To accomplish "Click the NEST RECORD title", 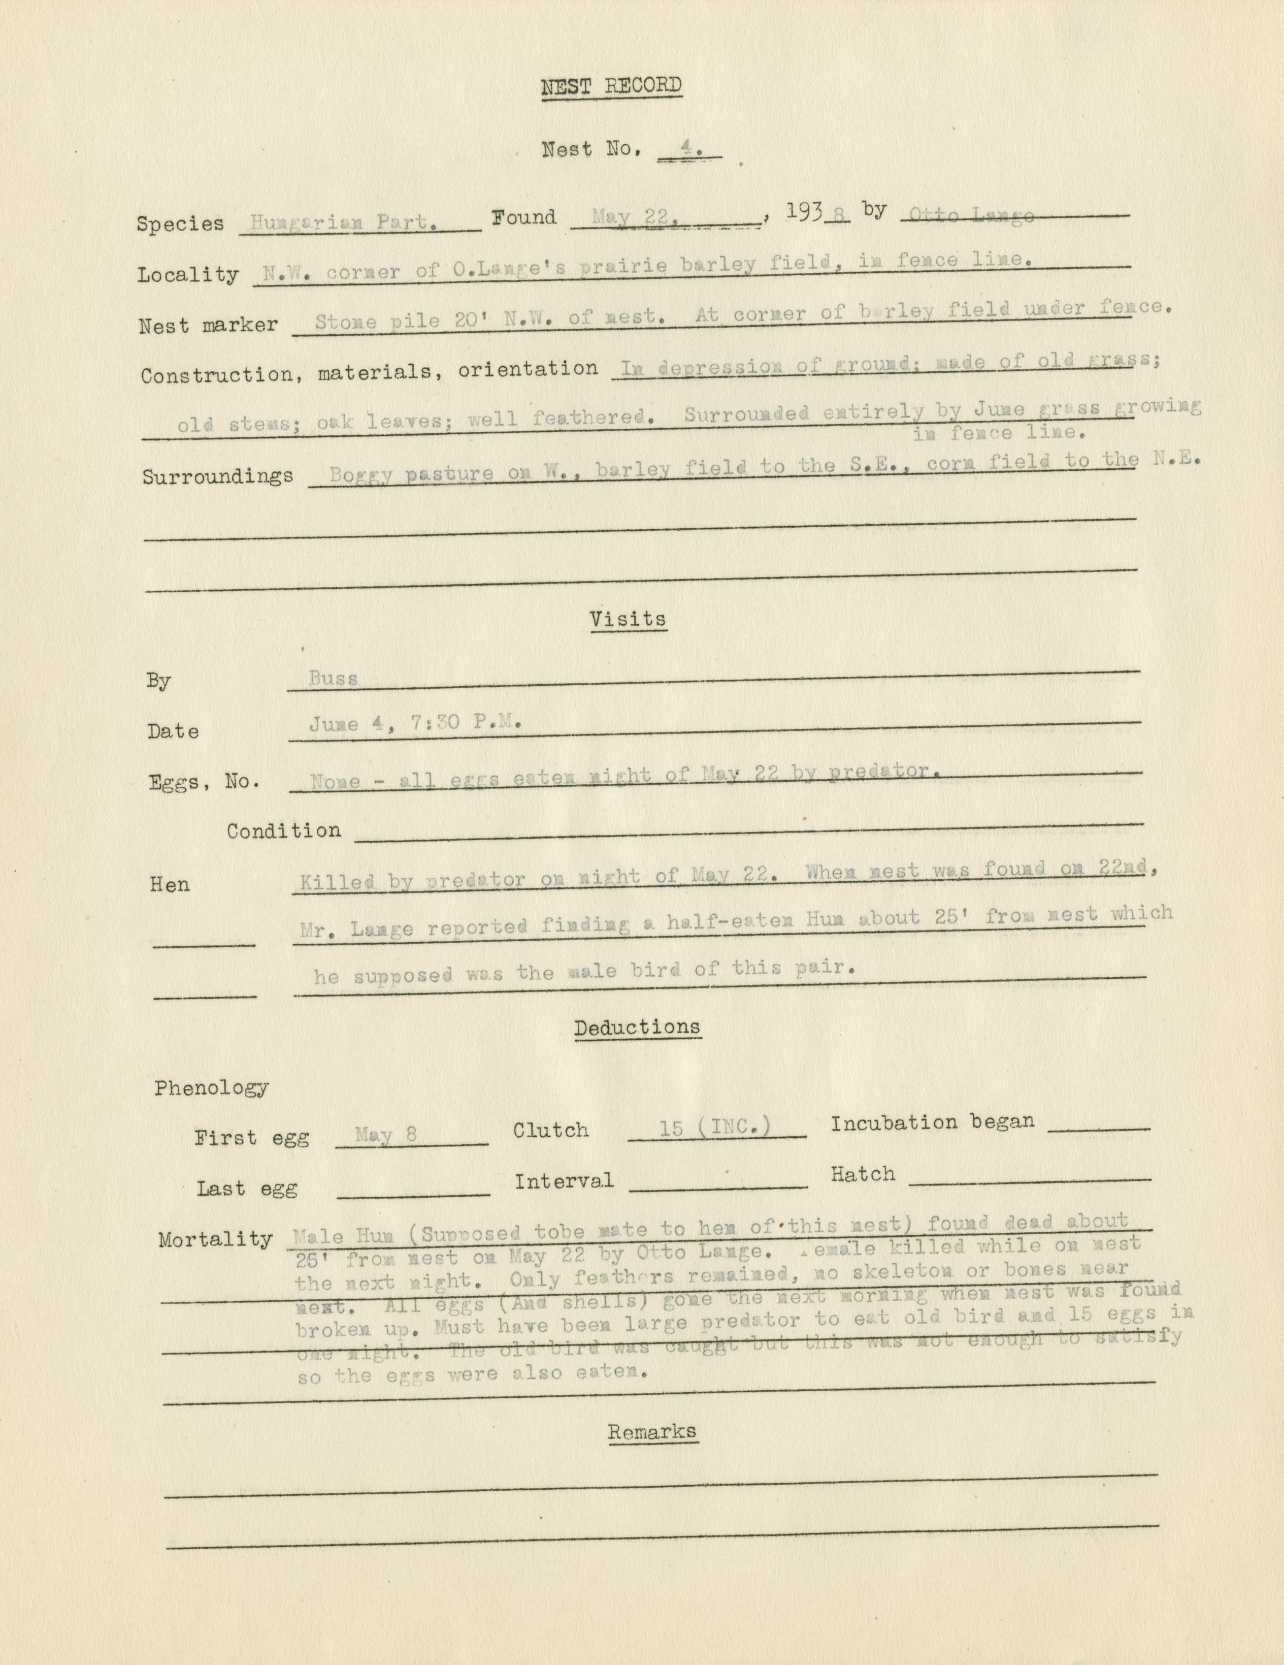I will click(611, 86).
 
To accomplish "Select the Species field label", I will click(181, 223).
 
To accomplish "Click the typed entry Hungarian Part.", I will click(344, 222).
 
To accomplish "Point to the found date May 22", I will click(630, 218).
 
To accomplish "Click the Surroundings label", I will click(218, 476).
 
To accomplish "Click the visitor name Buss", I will click(334, 678).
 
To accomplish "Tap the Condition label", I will click(283, 830).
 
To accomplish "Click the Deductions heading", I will click(637, 1027).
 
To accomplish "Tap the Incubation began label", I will click(932, 1122).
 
